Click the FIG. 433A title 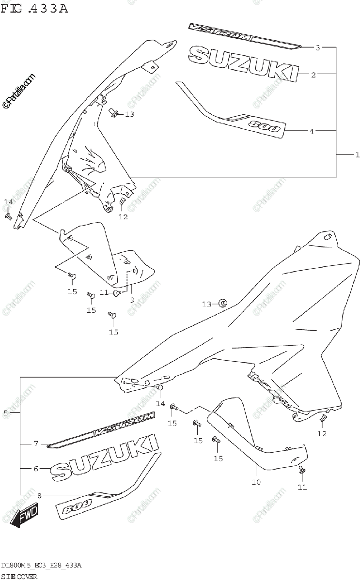35,8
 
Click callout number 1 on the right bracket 357,155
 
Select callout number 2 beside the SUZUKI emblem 313,75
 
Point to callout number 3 318,47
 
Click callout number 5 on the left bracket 5,413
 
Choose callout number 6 35,469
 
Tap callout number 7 35,443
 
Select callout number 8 39,495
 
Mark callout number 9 131,300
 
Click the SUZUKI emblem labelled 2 242,63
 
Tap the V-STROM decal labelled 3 242,35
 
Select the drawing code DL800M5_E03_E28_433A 41,566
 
